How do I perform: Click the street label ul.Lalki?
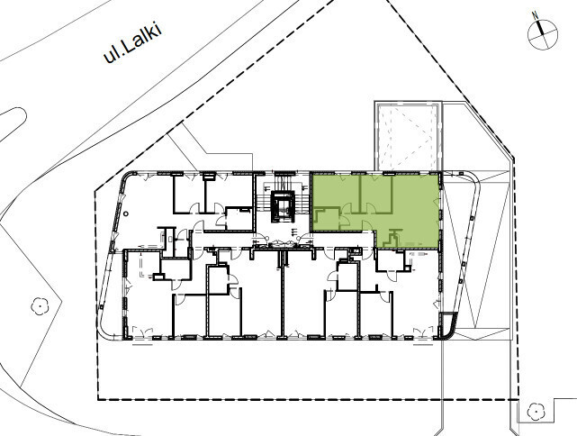pyautogui.click(x=133, y=44)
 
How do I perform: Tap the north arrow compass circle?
pyautogui.click(x=543, y=35)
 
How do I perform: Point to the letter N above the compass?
pyautogui.click(x=536, y=15)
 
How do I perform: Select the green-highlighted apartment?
pyautogui.click(x=375, y=210)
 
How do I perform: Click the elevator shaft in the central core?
pyautogui.click(x=283, y=206)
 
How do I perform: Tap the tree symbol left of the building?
pyautogui.click(x=39, y=306)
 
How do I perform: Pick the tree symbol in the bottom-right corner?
pyautogui.click(x=536, y=412)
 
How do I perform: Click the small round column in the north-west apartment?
pyautogui.click(x=126, y=213)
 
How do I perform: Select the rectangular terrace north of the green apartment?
pyautogui.click(x=408, y=136)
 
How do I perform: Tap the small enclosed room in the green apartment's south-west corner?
pyautogui.click(x=326, y=219)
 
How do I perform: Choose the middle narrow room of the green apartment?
pyautogui.click(x=375, y=194)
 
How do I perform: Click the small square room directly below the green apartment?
pyautogui.click(x=391, y=260)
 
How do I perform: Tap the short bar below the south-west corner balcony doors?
pyautogui.click(x=143, y=345)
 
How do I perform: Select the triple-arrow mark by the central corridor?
pyautogui.click(x=294, y=232)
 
